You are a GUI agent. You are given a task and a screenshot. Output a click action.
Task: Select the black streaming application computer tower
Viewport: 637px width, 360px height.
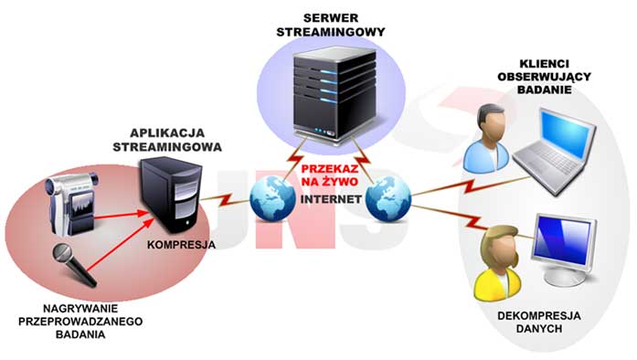pyautogui.click(x=167, y=196)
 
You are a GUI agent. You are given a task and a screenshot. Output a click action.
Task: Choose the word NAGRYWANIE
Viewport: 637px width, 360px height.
pyautogui.click(x=67, y=309)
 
